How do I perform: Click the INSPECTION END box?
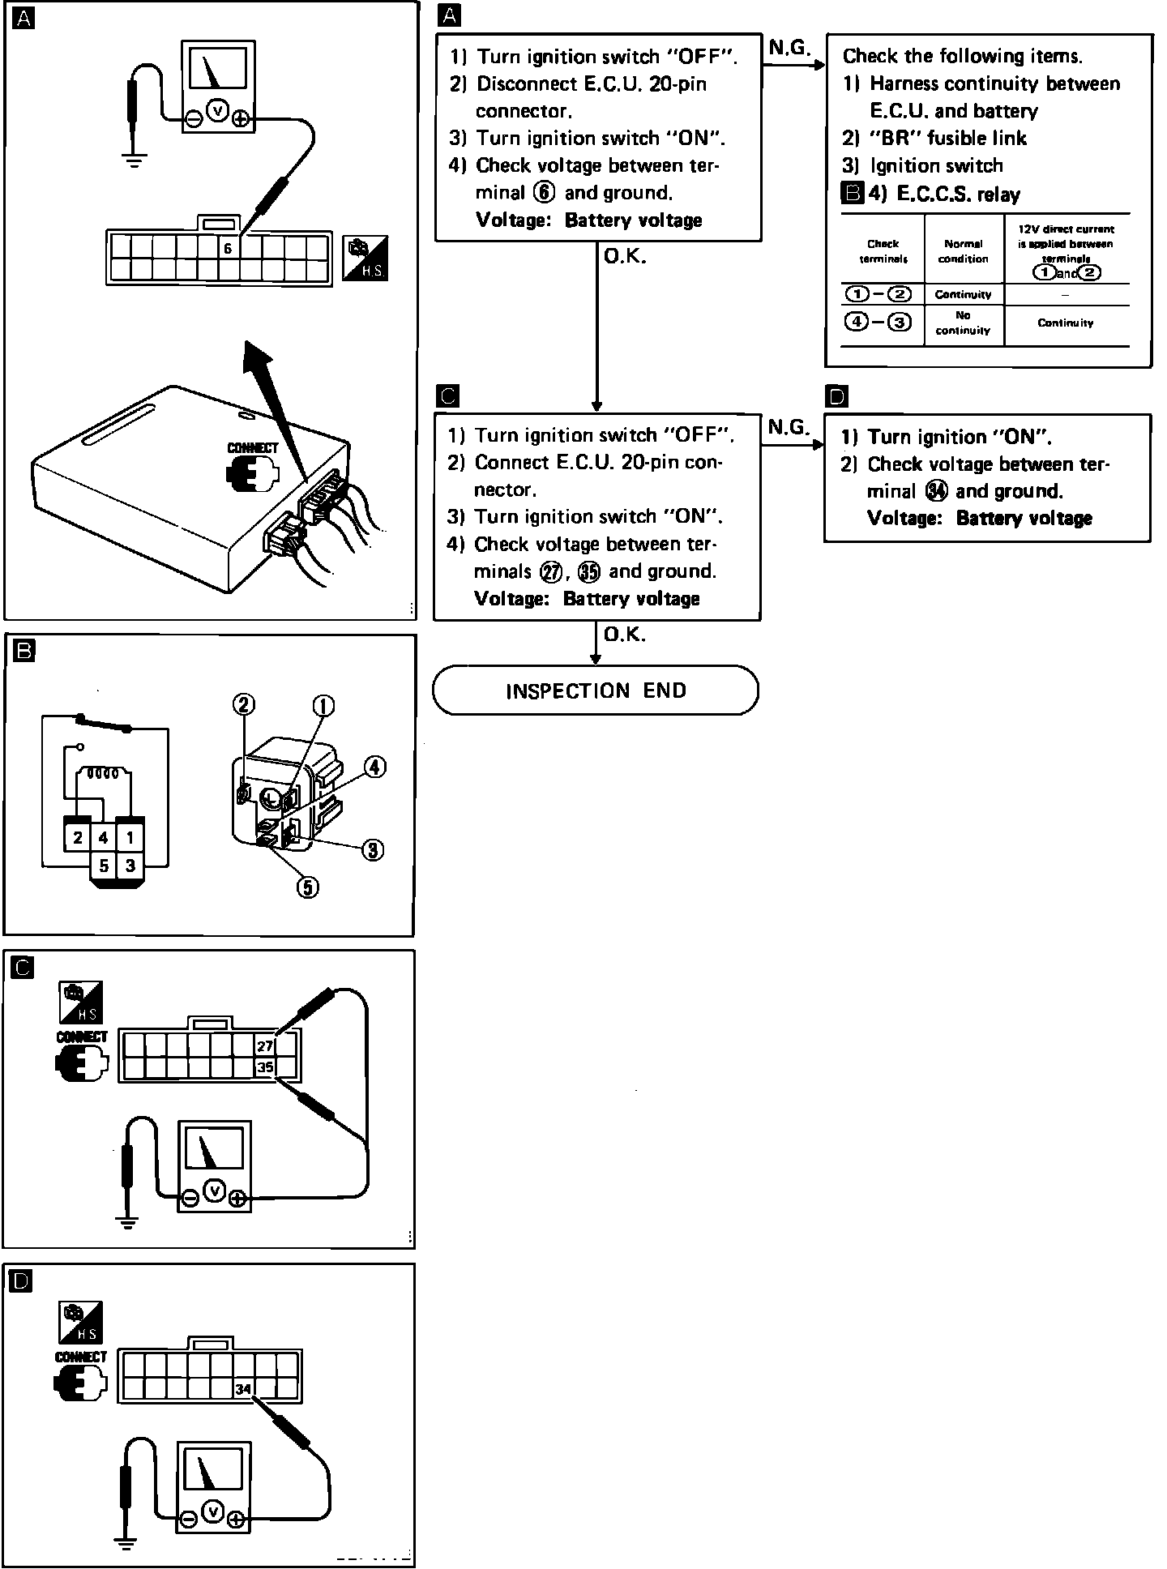(596, 690)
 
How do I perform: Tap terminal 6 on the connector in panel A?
(229, 249)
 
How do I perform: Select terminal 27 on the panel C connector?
(265, 1045)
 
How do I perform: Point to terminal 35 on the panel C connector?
(265, 1067)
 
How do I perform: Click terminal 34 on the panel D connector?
(243, 1389)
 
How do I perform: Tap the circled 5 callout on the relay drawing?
(307, 887)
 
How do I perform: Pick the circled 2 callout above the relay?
(244, 703)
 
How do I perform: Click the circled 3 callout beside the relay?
(372, 849)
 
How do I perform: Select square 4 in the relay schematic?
(103, 837)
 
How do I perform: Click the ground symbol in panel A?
(135, 159)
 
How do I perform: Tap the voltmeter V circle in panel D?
(212, 1511)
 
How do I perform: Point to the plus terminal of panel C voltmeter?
(237, 1199)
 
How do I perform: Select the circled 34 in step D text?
(936, 491)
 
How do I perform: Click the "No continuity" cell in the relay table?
(963, 323)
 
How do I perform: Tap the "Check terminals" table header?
(883, 250)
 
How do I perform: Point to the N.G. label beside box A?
(789, 48)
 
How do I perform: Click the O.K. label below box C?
(624, 635)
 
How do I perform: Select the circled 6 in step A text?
(545, 193)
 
